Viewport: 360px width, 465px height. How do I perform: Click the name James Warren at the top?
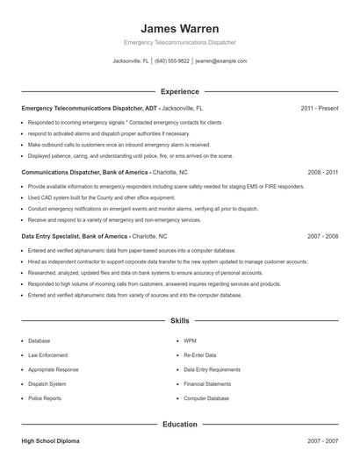pyautogui.click(x=179, y=28)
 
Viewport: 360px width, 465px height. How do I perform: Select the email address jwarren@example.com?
pyautogui.click(x=220, y=61)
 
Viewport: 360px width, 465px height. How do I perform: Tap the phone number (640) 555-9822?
pyautogui.click(x=171, y=61)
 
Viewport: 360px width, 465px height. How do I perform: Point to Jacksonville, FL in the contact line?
pyautogui.click(x=131, y=61)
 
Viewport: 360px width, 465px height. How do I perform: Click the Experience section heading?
pyautogui.click(x=179, y=91)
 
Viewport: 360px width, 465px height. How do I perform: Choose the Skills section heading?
pyautogui.click(x=179, y=321)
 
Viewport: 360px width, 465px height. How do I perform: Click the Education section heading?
pyautogui.click(x=179, y=424)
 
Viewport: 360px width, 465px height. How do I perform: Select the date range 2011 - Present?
pyautogui.click(x=319, y=108)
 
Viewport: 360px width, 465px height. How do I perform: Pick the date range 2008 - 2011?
pyautogui.click(x=322, y=173)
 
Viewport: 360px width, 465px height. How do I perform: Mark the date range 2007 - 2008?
pyautogui.click(x=322, y=237)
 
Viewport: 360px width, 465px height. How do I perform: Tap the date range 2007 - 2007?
pyautogui.click(x=322, y=440)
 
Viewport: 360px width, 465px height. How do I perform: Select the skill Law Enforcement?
pyautogui.click(x=47, y=355)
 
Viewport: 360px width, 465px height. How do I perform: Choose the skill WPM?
pyautogui.click(x=190, y=340)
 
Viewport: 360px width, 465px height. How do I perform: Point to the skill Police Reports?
pyautogui.click(x=45, y=398)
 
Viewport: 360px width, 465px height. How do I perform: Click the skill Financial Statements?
pyautogui.click(x=207, y=384)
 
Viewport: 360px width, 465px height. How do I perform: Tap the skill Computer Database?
pyautogui.click(x=206, y=398)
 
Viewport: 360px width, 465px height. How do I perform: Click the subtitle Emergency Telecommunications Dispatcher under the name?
pyautogui.click(x=179, y=42)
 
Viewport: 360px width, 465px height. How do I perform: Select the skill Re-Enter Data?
pyautogui.click(x=199, y=355)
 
